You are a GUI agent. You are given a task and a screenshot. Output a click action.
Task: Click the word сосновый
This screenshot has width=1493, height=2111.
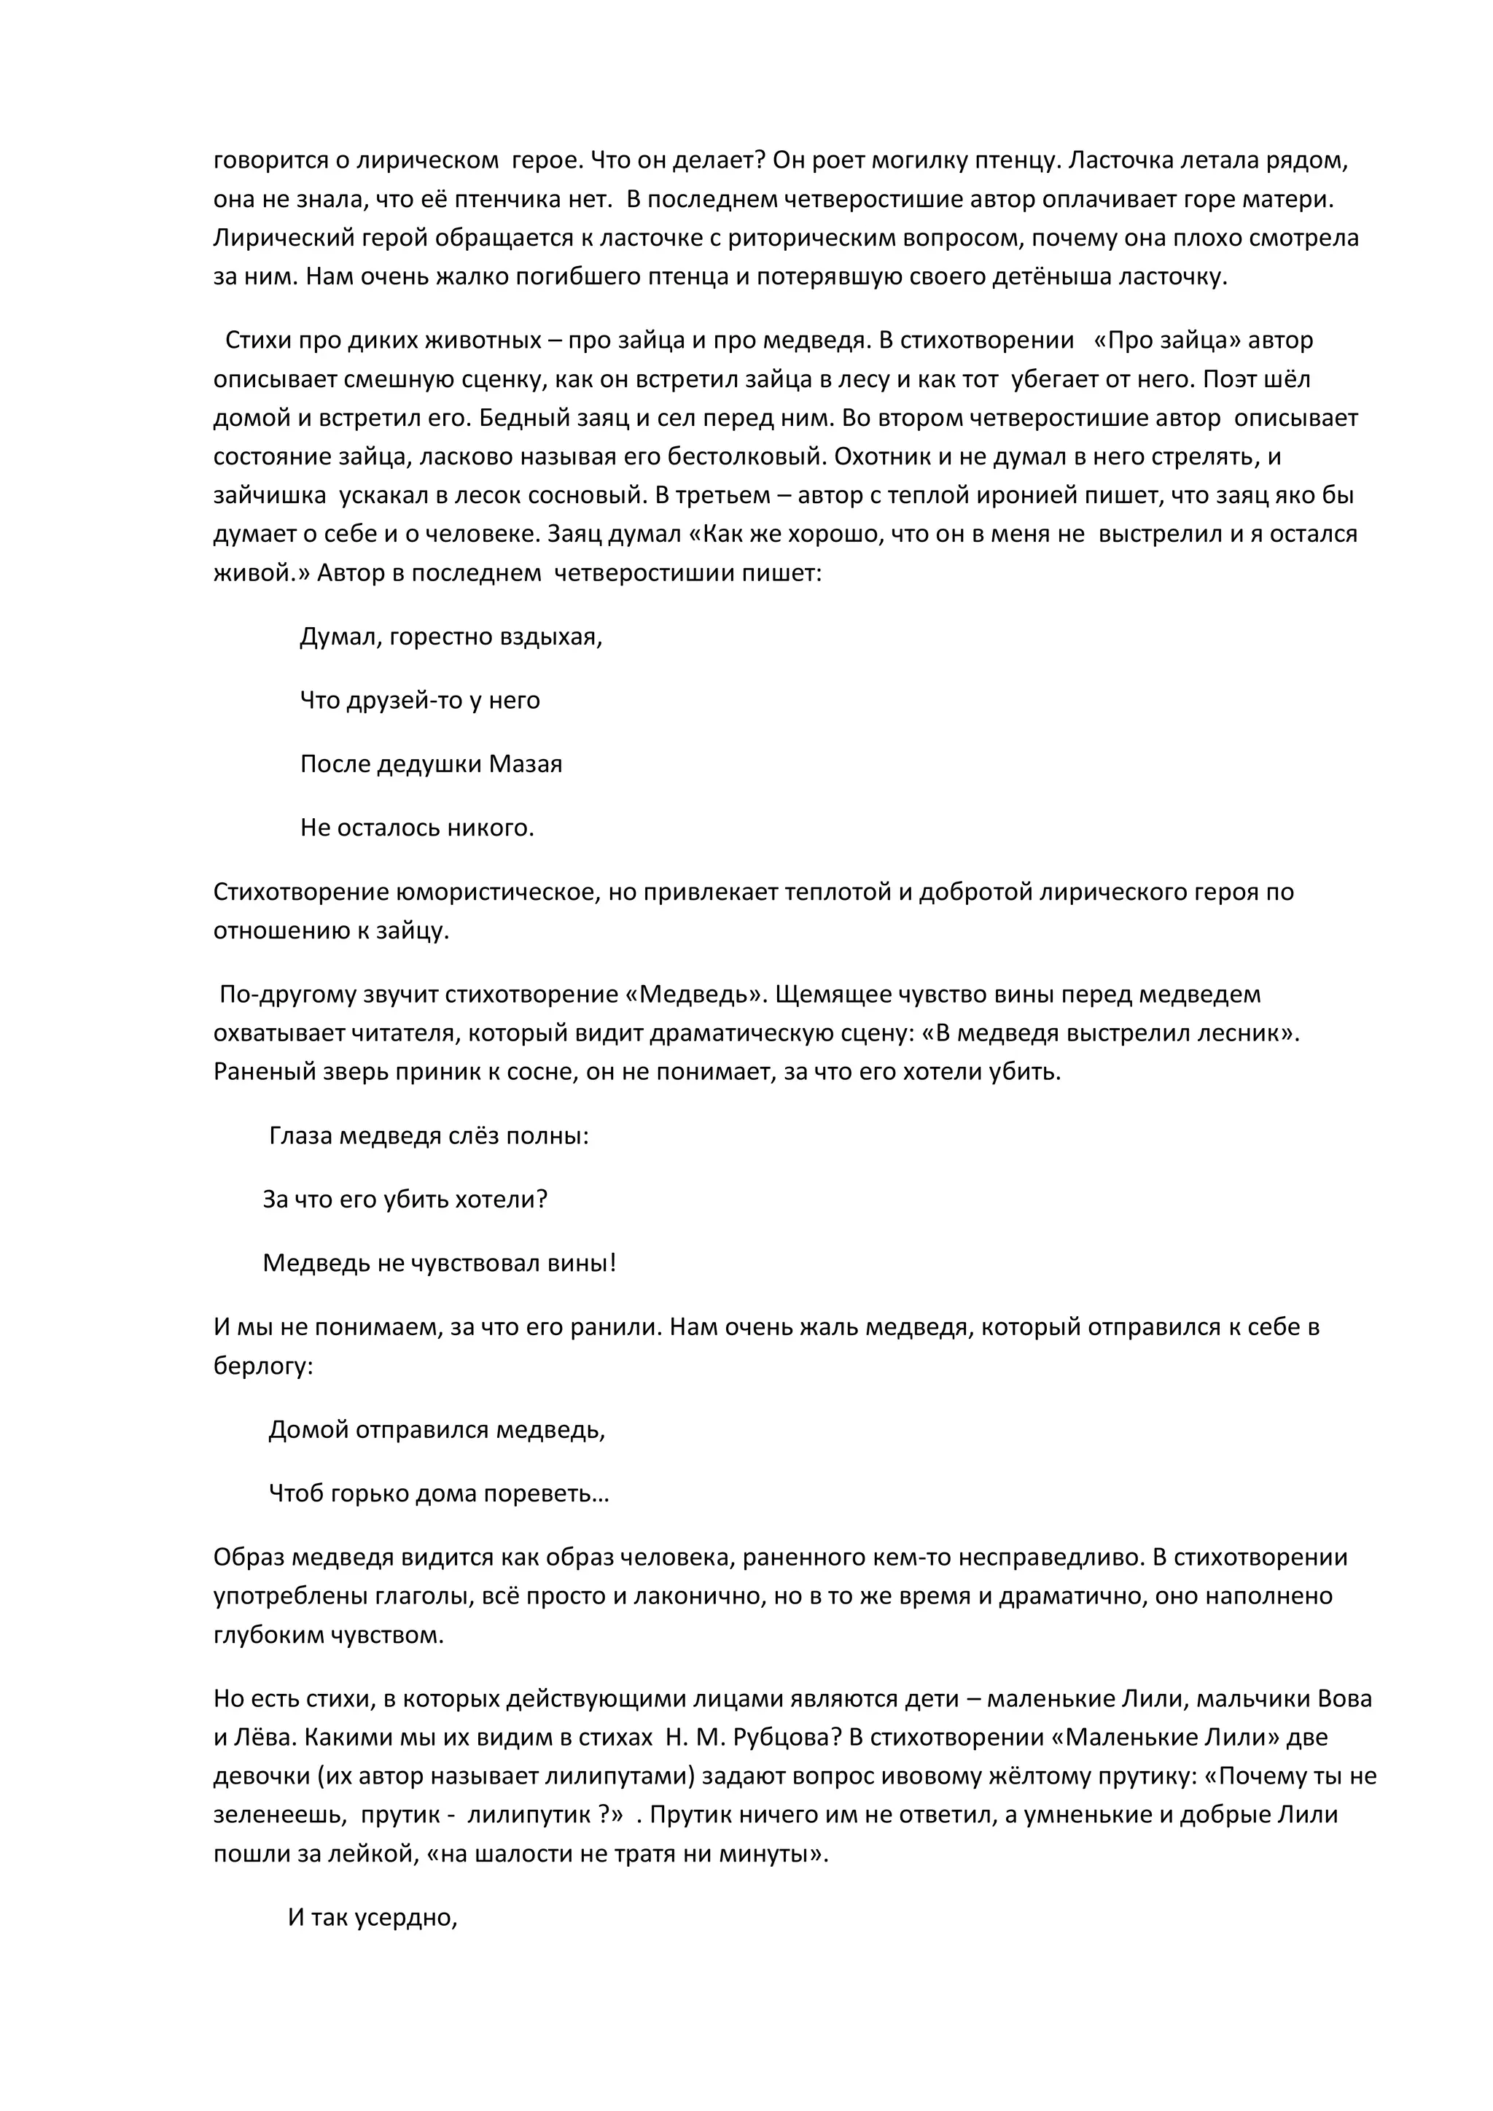click(583, 496)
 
